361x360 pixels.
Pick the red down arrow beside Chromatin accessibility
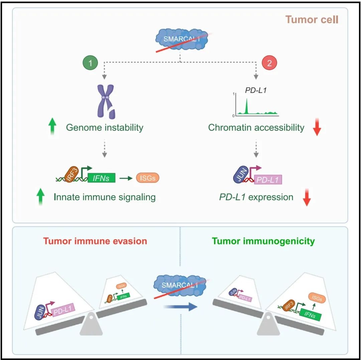coord(317,128)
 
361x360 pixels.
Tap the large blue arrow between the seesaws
coord(182,306)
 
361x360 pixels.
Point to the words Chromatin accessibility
coord(256,128)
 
